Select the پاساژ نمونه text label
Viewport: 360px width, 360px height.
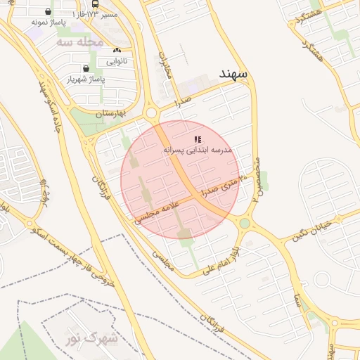[x=49, y=22]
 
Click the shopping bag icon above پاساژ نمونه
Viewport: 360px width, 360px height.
[x=48, y=12]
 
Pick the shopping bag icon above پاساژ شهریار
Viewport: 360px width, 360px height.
[x=86, y=69]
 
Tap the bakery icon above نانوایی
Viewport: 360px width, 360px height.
[x=117, y=51]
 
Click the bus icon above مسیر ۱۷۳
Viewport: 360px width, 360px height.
[x=95, y=4]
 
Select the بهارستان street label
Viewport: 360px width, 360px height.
[x=110, y=112]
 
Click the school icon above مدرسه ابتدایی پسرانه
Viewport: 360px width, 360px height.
[x=198, y=139]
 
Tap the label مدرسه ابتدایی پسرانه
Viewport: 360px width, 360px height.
[x=198, y=150]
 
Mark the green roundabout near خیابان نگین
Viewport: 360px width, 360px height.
[x=245, y=224]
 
